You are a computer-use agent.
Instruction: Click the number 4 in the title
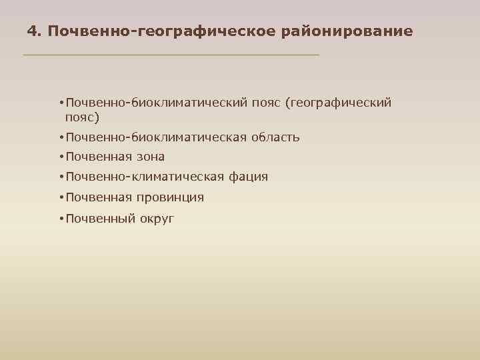[32, 31]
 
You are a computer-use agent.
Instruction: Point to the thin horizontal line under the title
[171, 54]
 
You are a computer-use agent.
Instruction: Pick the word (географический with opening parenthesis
[338, 103]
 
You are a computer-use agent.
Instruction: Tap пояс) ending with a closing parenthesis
[82, 118]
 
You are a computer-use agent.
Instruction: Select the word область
[275, 137]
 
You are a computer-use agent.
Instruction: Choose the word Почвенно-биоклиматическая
[155, 137]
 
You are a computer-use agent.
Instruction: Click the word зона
[151, 157]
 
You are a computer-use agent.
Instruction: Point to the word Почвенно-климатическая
[145, 177]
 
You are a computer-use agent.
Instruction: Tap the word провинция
[171, 197]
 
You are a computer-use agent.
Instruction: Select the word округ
[157, 218]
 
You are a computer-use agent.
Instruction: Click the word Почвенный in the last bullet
[99, 218]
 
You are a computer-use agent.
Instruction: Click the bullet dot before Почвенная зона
[61, 157]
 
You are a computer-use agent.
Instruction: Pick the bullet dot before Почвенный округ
[61, 218]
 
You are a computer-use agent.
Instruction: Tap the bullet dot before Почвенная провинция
[61, 197]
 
